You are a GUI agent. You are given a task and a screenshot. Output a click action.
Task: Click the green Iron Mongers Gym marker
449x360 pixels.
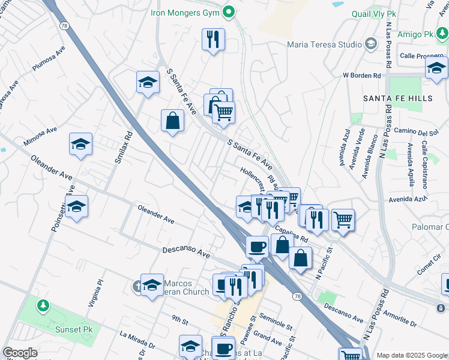tap(229, 11)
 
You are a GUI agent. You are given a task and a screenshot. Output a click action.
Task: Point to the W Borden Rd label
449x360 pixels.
tap(362, 76)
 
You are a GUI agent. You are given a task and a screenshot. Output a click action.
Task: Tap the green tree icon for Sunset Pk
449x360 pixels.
tap(43, 306)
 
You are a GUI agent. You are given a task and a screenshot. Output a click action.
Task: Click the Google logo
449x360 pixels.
tap(20, 353)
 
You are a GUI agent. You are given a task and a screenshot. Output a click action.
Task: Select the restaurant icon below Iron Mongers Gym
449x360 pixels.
tap(213, 40)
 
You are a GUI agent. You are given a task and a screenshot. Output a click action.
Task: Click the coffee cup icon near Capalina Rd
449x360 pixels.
tap(257, 246)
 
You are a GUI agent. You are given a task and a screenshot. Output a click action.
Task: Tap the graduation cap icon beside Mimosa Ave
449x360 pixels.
tap(80, 145)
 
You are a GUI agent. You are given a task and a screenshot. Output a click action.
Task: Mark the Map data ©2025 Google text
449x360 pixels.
tap(411, 355)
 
